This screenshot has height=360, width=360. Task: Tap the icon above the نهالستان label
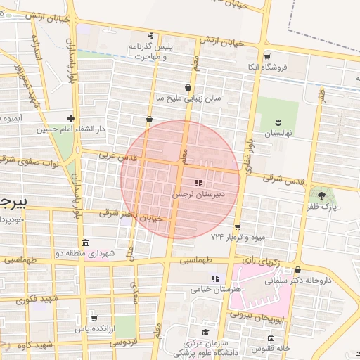pos(278,122)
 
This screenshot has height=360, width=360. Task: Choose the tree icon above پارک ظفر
pos(322,195)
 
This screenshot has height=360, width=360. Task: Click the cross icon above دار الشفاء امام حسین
pos(70,118)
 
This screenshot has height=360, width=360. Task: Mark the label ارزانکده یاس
pos(94,328)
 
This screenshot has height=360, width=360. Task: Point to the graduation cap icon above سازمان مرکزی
pos(205,333)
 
